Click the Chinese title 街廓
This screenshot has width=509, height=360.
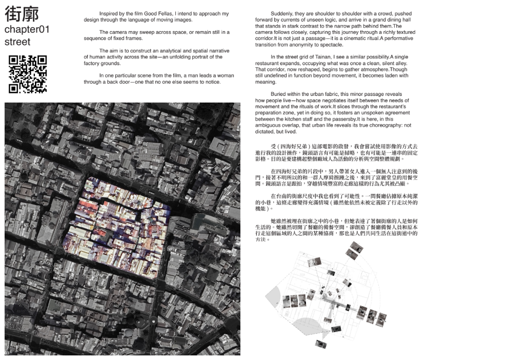click(22, 13)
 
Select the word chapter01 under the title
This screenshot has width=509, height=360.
click(27, 29)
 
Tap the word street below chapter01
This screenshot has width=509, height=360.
click(17, 42)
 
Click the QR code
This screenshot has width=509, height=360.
click(28, 74)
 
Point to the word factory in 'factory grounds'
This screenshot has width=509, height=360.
click(93, 63)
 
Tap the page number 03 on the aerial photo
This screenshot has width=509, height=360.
click(7, 352)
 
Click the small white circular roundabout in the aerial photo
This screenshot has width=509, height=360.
click(153, 321)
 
